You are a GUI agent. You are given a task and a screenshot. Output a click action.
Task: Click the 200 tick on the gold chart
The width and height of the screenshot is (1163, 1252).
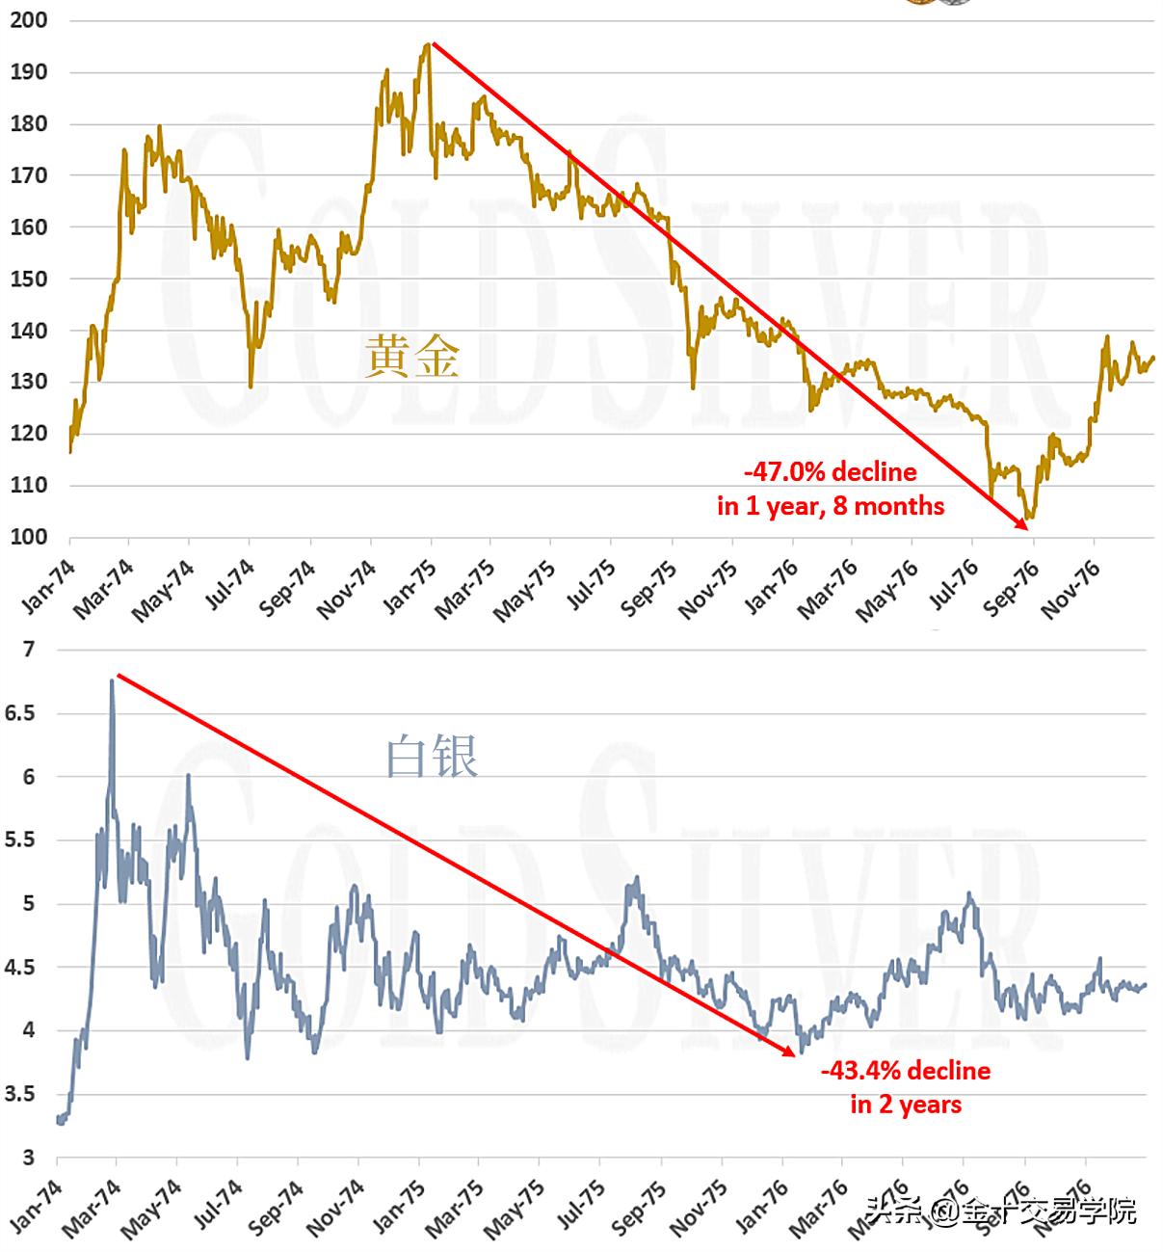pos(28,20)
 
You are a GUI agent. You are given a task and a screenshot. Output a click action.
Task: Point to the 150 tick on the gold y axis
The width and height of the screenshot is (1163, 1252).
pos(28,279)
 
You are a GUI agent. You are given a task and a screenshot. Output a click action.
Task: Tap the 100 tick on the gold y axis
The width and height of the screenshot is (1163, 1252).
pos(28,537)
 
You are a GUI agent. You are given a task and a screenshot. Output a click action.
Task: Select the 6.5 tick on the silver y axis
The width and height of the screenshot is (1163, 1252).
pos(21,713)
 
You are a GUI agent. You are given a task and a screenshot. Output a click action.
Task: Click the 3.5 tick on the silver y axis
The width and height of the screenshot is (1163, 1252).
pos(21,1094)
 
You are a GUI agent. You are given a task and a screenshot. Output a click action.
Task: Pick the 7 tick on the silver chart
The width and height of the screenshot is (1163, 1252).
pos(29,650)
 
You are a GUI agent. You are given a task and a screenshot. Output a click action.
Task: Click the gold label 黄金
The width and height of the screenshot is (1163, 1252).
pos(412,357)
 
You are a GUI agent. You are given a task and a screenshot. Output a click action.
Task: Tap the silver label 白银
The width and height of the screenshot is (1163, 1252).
pos(432,757)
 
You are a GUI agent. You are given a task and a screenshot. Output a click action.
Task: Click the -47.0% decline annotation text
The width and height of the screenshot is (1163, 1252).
pos(830,472)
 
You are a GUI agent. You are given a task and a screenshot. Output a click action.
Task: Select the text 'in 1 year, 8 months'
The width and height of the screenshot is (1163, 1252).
pos(831,505)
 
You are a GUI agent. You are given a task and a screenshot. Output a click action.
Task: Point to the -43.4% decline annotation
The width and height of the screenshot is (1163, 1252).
pos(905,1071)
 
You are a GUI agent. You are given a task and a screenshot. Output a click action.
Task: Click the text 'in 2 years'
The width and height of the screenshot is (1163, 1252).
pos(905,1104)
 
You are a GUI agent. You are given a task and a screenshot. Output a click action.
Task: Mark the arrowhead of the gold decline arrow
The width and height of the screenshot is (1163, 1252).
pos(1023,526)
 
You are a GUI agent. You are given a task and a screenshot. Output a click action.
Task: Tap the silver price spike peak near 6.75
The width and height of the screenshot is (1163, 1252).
pos(112,680)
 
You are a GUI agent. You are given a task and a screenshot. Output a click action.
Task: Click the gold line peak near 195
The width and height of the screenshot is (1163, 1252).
pos(427,44)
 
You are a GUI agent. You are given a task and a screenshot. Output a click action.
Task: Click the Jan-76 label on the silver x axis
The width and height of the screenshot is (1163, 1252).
pos(761,1211)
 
